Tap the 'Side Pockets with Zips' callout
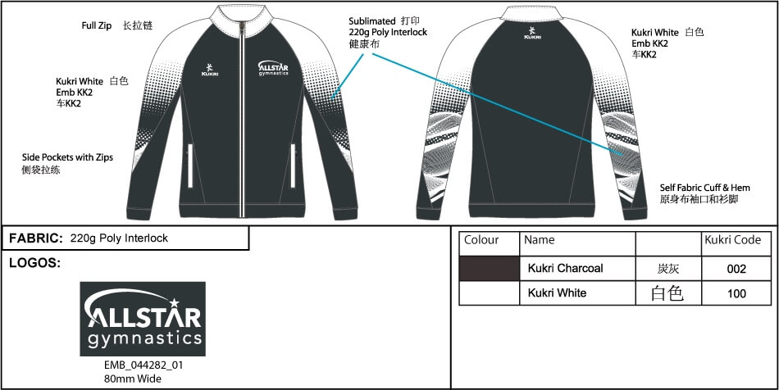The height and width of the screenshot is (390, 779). [x=67, y=156]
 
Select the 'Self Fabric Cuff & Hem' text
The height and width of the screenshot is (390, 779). [x=705, y=188]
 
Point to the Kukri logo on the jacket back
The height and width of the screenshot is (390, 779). [x=533, y=34]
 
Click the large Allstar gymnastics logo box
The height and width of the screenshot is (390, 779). [x=143, y=319]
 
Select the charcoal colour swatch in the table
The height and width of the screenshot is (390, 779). [x=489, y=268]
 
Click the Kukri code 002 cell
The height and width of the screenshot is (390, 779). [x=736, y=268]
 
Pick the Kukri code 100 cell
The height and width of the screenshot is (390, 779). [x=736, y=292]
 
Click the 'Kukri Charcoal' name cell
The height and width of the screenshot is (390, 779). [x=565, y=268]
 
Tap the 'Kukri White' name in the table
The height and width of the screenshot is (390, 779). [x=557, y=292]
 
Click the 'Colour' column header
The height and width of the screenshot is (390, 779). [x=481, y=240]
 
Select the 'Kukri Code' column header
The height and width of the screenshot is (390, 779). [x=733, y=240]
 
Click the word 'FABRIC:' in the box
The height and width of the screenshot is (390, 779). [x=35, y=238]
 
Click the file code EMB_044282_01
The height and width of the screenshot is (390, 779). [x=143, y=365]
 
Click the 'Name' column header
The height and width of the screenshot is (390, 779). [x=539, y=240]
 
